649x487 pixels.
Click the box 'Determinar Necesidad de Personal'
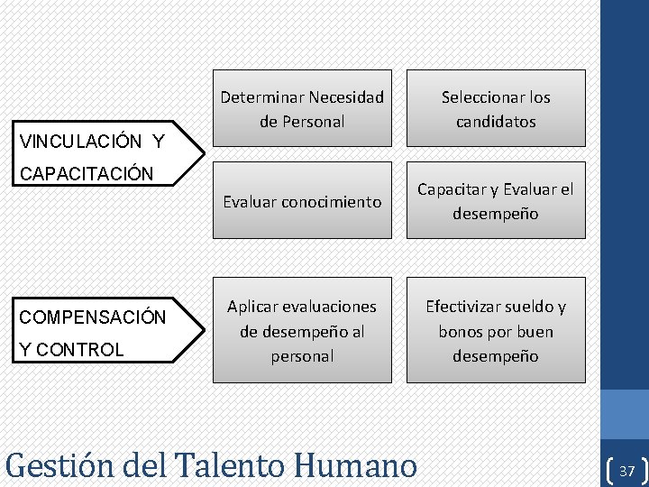[x=302, y=108]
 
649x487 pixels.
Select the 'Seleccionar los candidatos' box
[x=496, y=108]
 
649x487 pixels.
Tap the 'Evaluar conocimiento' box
[x=302, y=201]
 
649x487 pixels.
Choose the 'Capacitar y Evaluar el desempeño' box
[x=496, y=201]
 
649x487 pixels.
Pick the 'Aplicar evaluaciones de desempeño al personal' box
[x=302, y=330]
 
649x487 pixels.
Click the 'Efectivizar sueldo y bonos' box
[x=496, y=330]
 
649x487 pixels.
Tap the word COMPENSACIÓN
[x=93, y=317]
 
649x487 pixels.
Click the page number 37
[x=627, y=471]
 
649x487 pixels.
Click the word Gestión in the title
[x=59, y=466]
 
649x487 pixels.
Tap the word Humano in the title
[x=356, y=466]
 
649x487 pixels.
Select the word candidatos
[x=496, y=121]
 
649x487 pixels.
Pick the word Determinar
[x=261, y=96]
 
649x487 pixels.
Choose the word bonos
[x=459, y=331]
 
